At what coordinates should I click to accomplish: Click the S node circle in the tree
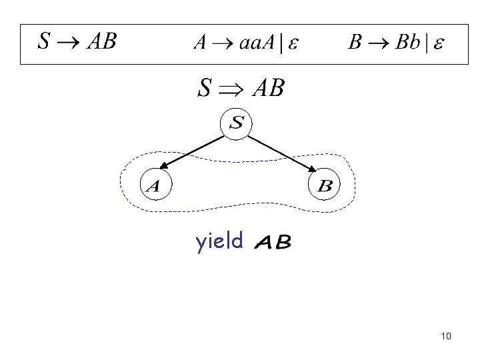click(x=238, y=123)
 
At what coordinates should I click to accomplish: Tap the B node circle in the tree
click(x=325, y=185)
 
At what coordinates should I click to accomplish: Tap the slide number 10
click(x=446, y=336)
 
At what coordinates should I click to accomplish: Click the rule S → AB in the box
click(x=77, y=43)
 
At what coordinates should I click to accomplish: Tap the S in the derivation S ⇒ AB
click(x=207, y=88)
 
